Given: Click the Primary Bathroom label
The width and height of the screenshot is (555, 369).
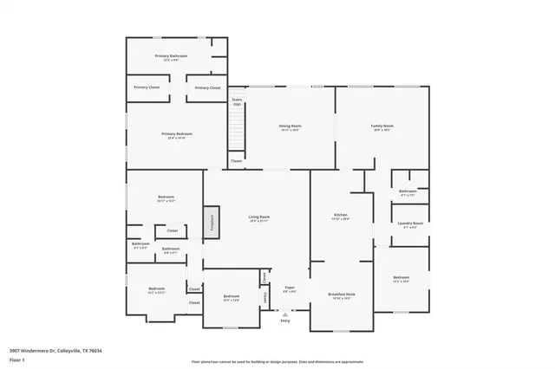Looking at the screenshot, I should [x=172, y=56].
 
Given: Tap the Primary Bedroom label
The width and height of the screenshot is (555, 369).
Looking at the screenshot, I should [x=176, y=134].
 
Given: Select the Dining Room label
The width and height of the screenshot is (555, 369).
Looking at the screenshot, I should [x=290, y=126].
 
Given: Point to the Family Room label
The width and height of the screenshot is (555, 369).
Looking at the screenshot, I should [x=382, y=126].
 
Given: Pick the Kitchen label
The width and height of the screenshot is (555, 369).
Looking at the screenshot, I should [x=341, y=215].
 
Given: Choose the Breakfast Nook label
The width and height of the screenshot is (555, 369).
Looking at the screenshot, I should [x=340, y=295].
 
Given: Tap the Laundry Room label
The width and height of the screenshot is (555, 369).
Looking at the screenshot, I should [x=411, y=223].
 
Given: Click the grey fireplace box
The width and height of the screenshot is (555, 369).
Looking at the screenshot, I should [x=209, y=223].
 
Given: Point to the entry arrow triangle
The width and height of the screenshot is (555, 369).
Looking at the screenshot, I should [x=285, y=314].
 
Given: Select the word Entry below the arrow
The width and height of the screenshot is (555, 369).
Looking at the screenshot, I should [x=285, y=321].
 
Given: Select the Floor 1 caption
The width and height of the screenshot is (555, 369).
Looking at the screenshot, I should [x=16, y=359].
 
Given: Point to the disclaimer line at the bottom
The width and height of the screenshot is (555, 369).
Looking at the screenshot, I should [x=277, y=361].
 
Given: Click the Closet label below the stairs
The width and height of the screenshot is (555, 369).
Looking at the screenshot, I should [x=237, y=160].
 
